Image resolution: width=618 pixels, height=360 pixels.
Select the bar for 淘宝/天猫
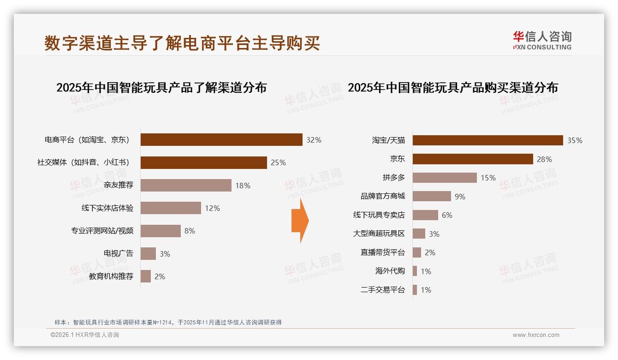[x=487, y=140]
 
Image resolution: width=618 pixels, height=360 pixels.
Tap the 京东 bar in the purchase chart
[x=472, y=159]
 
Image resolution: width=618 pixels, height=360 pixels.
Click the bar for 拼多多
[x=444, y=178]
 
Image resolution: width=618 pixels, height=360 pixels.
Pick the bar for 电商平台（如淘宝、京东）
[x=221, y=140]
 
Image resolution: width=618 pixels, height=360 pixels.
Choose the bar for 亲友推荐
[x=186, y=186]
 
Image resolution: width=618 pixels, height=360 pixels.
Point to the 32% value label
[x=314, y=140]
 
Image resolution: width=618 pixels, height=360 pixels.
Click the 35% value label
[x=575, y=140]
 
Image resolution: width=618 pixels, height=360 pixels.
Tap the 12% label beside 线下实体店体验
[x=212, y=208]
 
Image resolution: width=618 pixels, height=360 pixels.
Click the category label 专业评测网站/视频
[x=102, y=231]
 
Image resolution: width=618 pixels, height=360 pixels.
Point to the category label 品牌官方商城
[x=382, y=196]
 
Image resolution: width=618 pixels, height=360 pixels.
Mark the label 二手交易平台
[x=382, y=290]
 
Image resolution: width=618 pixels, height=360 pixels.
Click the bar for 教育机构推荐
[x=146, y=276]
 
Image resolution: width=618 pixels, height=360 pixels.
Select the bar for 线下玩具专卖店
[x=425, y=215]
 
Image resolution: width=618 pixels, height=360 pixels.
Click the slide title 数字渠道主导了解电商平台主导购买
[x=182, y=43]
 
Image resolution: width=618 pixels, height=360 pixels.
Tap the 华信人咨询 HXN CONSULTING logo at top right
[x=542, y=40]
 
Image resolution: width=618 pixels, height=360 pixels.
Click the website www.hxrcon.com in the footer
[x=535, y=335]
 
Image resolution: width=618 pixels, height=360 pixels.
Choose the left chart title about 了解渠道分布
[x=161, y=88]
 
